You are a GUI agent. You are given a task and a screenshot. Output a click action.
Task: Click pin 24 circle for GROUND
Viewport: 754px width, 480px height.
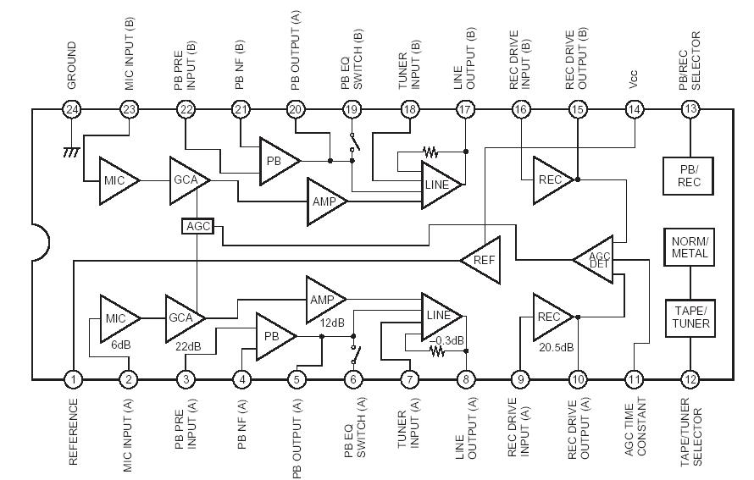73,109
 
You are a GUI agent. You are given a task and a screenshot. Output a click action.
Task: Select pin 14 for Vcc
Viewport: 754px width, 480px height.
634,109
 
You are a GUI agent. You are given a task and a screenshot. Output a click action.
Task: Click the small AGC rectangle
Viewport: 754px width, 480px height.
197,227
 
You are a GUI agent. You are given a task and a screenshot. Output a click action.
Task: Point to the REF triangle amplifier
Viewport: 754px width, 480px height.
480,259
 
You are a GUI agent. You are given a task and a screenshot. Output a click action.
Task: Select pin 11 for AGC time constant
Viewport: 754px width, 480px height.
634,380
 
